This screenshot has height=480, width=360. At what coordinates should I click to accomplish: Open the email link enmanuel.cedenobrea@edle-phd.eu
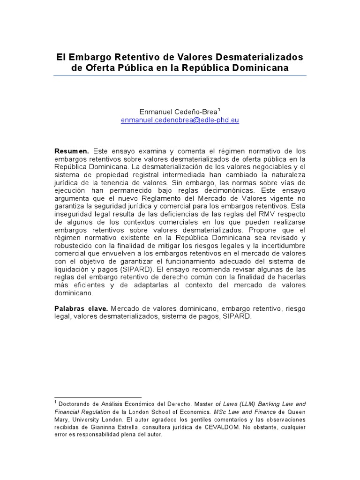pyautogui.click(x=180, y=120)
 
